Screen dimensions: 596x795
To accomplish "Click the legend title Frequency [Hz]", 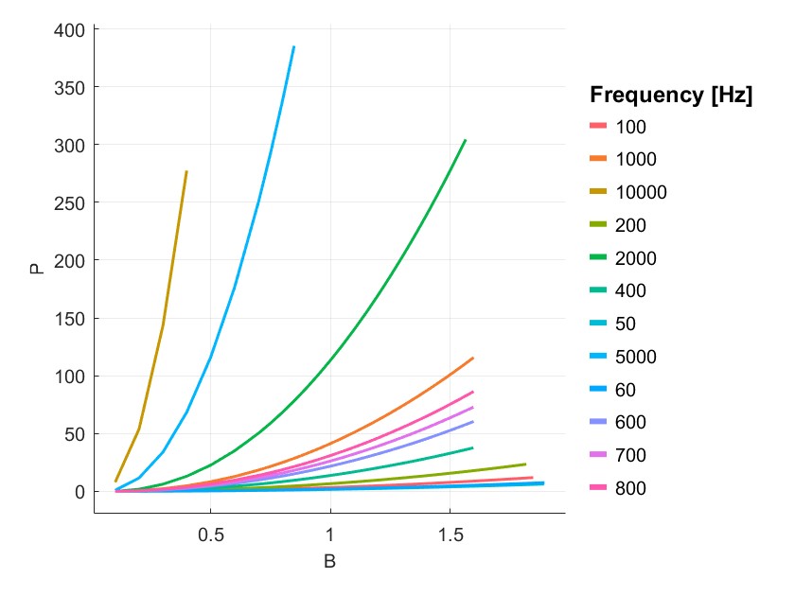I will point(670,95).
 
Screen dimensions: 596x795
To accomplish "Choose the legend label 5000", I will point(635,357).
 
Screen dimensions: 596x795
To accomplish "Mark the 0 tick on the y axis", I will point(79,492).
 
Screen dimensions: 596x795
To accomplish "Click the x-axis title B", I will point(329,562).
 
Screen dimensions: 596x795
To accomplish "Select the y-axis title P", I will point(37,268).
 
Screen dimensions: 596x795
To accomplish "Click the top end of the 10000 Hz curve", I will point(186,171).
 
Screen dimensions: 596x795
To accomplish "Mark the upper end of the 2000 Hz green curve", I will point(465,140).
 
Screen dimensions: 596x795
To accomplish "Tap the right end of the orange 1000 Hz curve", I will point(472,359).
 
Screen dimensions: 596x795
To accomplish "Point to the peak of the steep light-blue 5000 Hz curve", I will point(293,46).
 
